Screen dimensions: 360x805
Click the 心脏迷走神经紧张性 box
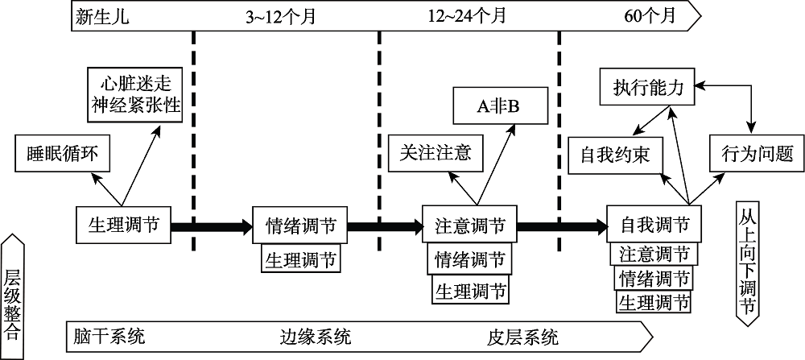pos(135,93)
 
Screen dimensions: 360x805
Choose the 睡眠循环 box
pos(61,153)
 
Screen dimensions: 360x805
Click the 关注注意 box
pos(435,152)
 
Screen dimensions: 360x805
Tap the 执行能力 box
pos(647,87)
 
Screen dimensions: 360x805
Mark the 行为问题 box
pos(751,151)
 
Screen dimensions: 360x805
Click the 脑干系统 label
pos(109,334)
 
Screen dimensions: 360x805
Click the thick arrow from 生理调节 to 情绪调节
pos(212,226)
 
